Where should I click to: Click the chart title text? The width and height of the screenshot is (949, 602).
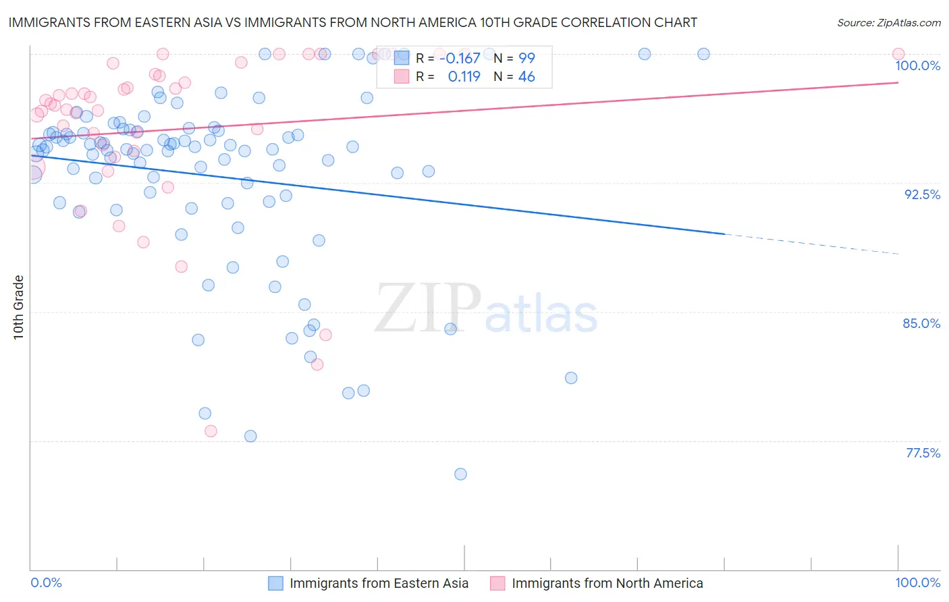[352, 23]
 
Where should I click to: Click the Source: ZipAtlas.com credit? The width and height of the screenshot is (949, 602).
[888, 23]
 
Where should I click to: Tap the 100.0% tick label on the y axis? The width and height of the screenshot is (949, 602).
[917, 65]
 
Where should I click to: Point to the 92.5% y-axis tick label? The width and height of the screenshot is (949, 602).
[922, 194]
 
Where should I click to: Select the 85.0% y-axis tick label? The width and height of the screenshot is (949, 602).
[921, 323]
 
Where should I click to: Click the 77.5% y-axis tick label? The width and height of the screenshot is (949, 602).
[923, 453]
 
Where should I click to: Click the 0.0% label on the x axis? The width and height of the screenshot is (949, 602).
[46, 582]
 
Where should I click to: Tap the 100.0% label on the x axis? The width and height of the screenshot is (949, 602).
[917, 582]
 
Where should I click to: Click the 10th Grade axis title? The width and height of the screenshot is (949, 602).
[19, 307]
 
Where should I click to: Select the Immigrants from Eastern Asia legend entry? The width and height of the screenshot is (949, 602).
[378, 583]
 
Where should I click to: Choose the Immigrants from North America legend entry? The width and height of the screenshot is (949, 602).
[607, 583]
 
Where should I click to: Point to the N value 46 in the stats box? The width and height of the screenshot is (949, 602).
[526, 77]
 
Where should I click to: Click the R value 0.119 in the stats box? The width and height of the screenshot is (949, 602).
[464, 77]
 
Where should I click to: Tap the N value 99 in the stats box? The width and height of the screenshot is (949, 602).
[526, 59]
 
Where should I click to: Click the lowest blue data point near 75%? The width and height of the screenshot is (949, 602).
[460, 474]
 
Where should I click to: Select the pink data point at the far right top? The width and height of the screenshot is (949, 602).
[898, 54]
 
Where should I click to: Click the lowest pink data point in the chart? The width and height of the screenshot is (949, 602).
[211, 431]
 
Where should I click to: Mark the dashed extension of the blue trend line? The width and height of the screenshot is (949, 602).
[810, 244]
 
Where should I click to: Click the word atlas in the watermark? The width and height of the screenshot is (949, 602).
[541, 314]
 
